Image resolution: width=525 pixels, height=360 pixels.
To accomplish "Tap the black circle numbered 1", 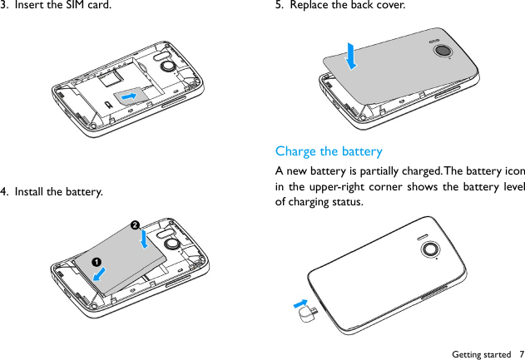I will [97, 263].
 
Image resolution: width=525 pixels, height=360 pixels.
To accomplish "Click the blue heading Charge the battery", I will [329, 151].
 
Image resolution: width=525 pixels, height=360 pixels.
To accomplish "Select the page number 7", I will [520, 354].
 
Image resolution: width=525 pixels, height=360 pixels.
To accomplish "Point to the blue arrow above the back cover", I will [351, 56].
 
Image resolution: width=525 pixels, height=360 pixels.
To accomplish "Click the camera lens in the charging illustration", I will [430, 249].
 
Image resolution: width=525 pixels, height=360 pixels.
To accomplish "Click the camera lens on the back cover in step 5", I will [443, 51].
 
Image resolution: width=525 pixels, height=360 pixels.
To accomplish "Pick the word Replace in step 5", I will [310, 7].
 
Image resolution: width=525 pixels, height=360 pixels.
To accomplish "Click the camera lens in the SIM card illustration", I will [169, 64].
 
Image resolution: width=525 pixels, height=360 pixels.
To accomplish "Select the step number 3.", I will [6, 7].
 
